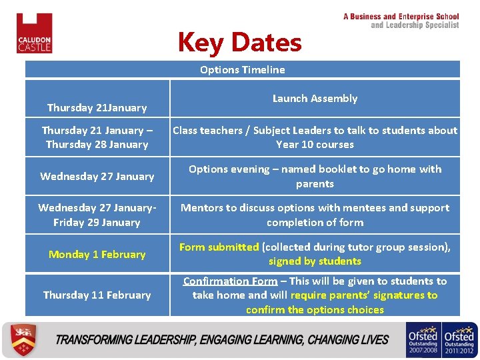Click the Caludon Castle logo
[x=34, y=33]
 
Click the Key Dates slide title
[x=239, y=43]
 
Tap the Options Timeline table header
[x=242, y=69]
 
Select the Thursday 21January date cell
[x=97, y=107]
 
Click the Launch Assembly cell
[x=315, y=98]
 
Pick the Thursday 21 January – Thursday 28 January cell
[x=97, y=137]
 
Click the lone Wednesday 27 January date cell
[x=97, y=176]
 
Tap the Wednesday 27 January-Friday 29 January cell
[x=97, y=215]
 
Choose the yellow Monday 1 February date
[x=97, y=254]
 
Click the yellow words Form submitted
[x=219, y=247]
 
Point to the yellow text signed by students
[x=315, y=261]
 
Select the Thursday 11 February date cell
[x=97, y=295]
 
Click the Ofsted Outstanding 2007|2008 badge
[x=422, y=339]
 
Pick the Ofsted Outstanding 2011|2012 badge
[x=459, y=339]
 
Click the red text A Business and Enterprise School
[x=401, y=17]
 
